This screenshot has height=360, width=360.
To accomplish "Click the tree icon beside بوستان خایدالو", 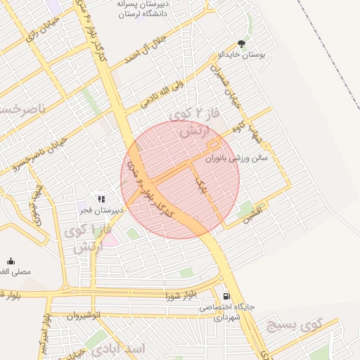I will coord(242,43).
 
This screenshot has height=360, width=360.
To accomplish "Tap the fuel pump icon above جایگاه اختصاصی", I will coord(226,296).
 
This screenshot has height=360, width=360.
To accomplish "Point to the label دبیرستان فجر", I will coord(101,210).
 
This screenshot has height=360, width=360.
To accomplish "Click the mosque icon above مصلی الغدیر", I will coord(10,261).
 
